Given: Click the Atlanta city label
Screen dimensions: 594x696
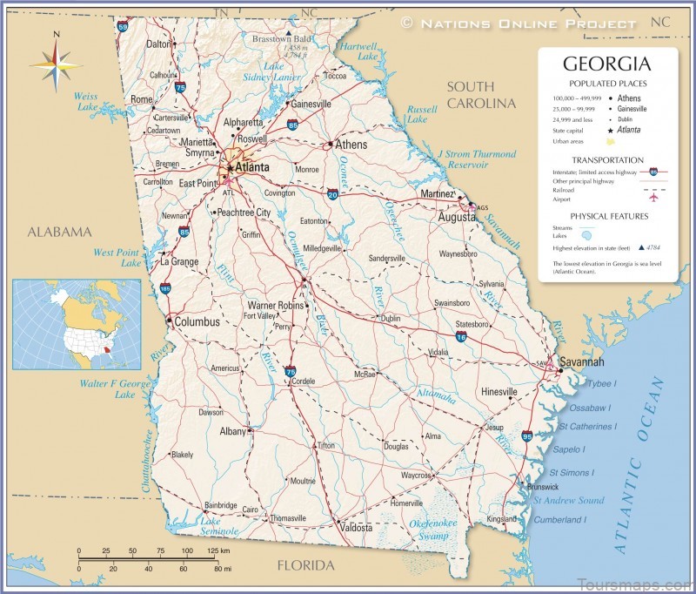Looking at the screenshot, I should (x=250, y=166).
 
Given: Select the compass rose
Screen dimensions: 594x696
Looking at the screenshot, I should (x=56, y=64).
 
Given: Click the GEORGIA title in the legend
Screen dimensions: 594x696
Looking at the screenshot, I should (x=607, y=64).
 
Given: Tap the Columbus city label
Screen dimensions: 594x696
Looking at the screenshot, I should (x=197, y=321).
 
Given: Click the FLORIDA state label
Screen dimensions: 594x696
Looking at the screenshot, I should (x=305, y=566).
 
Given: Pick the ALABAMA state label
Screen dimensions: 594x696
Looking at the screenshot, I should (x=58, y=232).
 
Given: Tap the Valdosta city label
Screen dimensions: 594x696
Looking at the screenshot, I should (x=356, y=528).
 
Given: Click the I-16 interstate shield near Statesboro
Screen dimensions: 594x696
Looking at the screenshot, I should (x=460, y=335).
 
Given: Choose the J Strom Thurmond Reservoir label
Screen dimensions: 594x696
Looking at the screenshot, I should (x=476, y=159).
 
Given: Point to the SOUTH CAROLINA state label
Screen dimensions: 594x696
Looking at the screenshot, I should (x=481, y=95).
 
